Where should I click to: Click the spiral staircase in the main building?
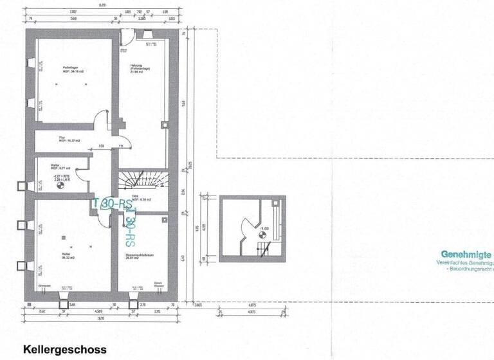point(134,179)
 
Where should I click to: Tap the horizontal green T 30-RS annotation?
point(113,203)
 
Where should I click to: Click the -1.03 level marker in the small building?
point(263,228)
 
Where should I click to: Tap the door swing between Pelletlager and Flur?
point(102,122)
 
